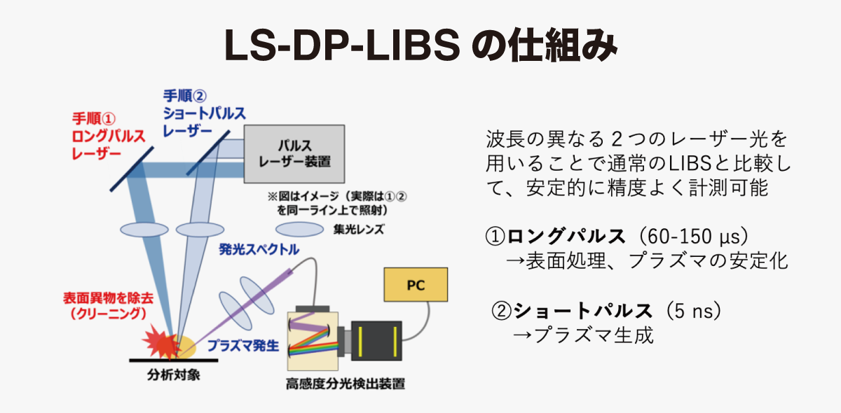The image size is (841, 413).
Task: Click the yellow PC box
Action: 416,285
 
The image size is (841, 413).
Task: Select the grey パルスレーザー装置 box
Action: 294,154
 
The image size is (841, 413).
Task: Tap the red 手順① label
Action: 94,119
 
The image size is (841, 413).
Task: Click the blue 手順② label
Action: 185,96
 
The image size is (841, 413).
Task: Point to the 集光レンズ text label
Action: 359,229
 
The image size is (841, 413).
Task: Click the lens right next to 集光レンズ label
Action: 300,229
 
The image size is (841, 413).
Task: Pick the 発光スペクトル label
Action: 259,249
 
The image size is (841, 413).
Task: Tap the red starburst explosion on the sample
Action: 160,342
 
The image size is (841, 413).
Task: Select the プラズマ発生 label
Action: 243,346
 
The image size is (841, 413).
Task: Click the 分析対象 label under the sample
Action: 174,374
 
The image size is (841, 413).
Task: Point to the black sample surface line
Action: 174,360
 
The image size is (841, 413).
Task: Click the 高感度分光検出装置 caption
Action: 346,384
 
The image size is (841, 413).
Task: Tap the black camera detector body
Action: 376,341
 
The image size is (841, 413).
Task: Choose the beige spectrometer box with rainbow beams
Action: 313,341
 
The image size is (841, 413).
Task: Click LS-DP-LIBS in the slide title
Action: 342,45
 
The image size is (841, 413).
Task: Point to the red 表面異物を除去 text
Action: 109,298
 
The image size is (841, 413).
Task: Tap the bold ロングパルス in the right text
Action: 566,237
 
